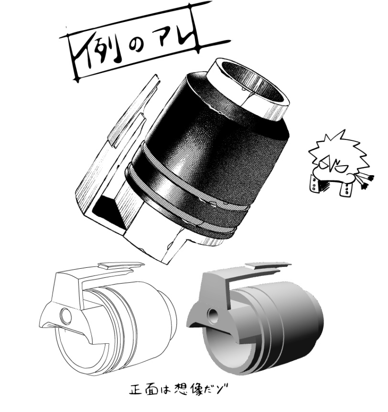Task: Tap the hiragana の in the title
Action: tap(139, 50)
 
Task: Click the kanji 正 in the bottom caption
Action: tap(136, 393)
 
